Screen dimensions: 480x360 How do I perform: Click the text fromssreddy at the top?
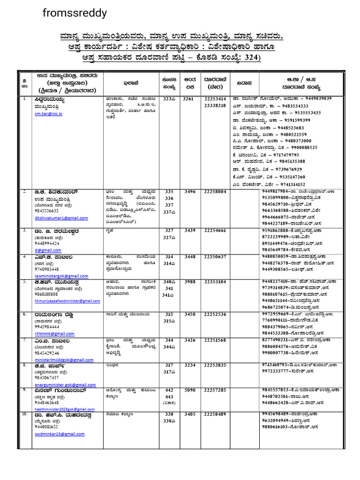[x=75, y=13]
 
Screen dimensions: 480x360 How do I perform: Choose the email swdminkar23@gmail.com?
[x=60, y=434]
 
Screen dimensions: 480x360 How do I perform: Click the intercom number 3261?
[x=187, y=99]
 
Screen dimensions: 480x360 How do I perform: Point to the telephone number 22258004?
[x=215, y=192]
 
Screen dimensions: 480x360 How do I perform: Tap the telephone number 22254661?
[x=215, y=231]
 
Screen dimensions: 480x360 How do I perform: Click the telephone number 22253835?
[x=215, y=365]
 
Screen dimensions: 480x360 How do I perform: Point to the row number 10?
[x=24, y=414]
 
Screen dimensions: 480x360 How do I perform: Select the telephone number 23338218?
[x=215, y=105]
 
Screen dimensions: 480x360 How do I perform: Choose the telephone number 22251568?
[x=215, y=340]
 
